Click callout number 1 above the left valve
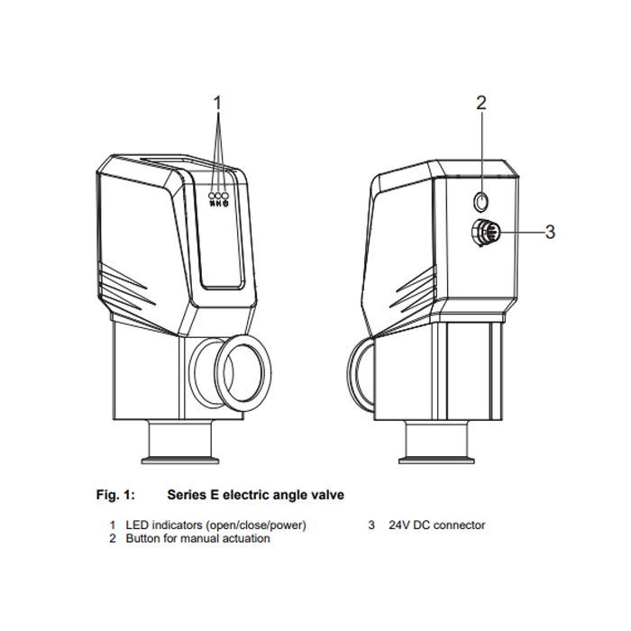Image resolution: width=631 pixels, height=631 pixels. [216, 103]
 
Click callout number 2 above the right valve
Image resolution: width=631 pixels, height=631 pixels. [481, 103]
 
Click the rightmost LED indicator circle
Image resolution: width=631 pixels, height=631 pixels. [226, 196]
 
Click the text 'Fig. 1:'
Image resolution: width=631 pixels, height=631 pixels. [114, 495]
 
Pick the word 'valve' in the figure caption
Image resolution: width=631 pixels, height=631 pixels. [326, 495]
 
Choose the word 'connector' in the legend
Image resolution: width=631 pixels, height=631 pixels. [459, 525]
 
